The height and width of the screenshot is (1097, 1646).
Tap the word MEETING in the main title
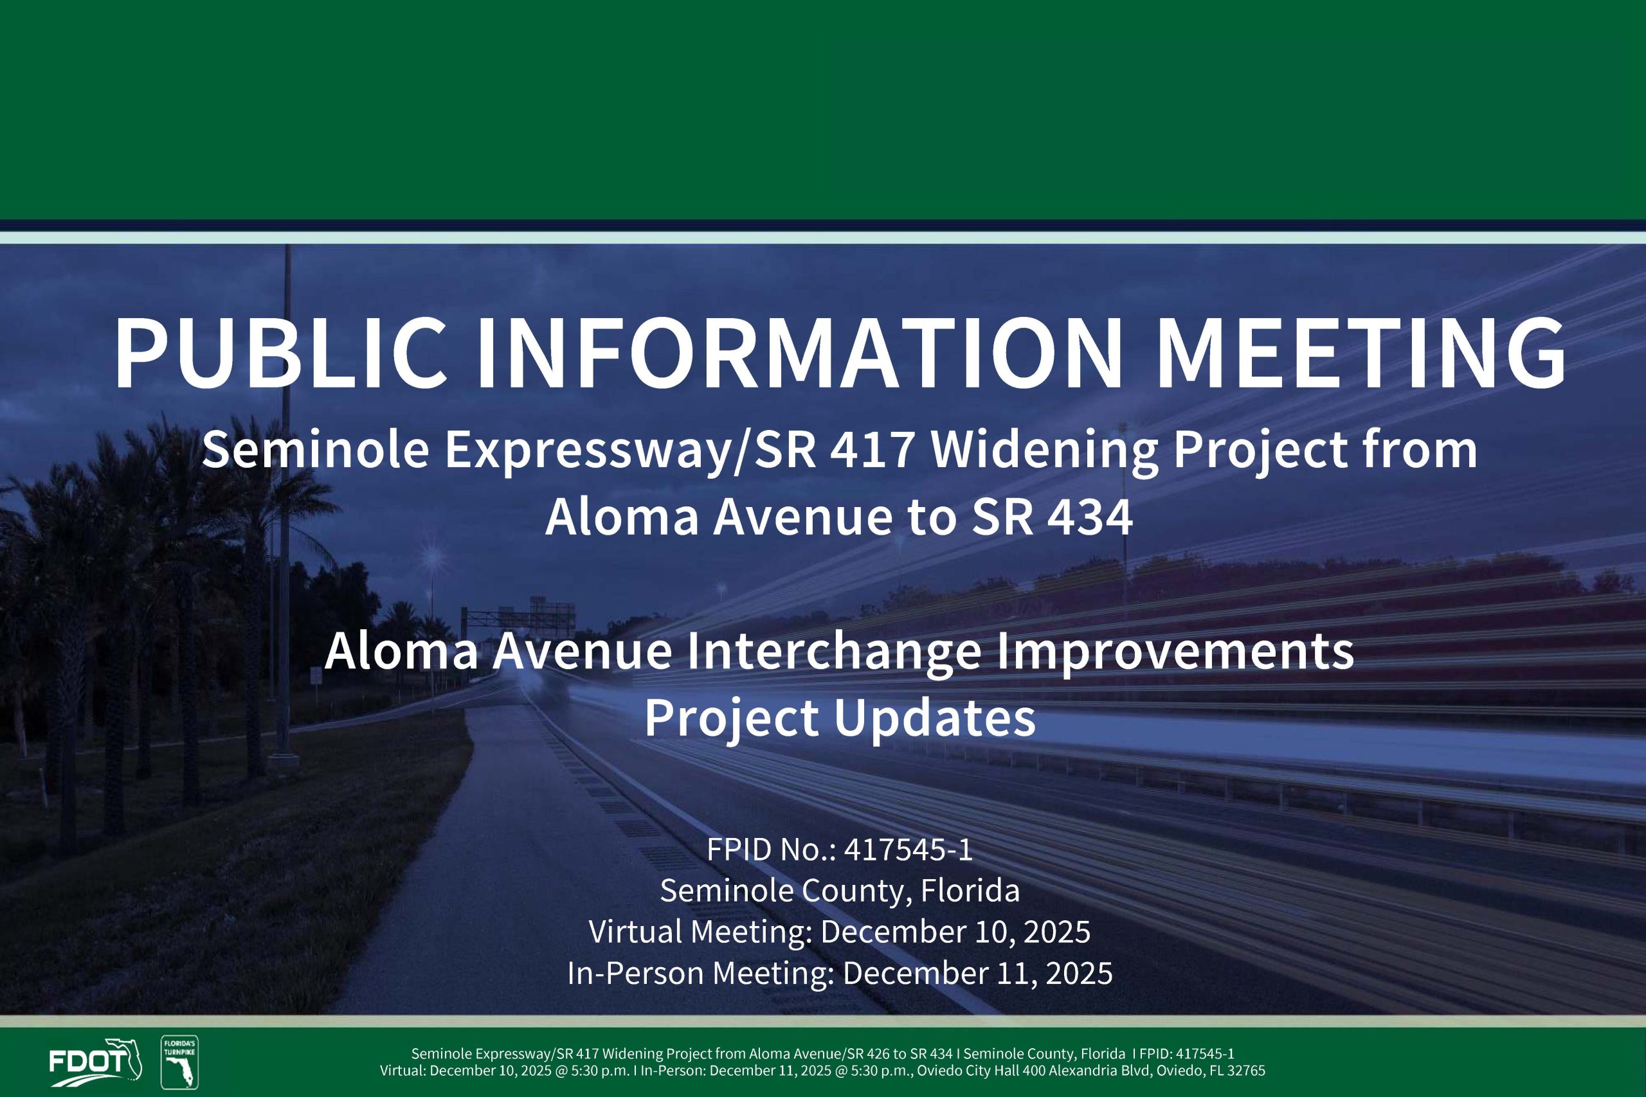pyautogui.click(x=1361, y=353)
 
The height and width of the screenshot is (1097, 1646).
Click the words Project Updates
pyautogui.click(x=839, y=718)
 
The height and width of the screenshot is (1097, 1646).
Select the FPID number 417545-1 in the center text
pyautogui.click(x=908, y=850)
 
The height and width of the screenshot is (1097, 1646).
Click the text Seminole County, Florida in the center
pyautogui.click(x=839, y=891)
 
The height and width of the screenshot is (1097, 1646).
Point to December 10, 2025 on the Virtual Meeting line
pyautogui.click(x=955, y=932)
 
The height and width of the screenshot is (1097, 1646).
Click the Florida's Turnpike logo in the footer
pyautogui.click(x=180, y=1062)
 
